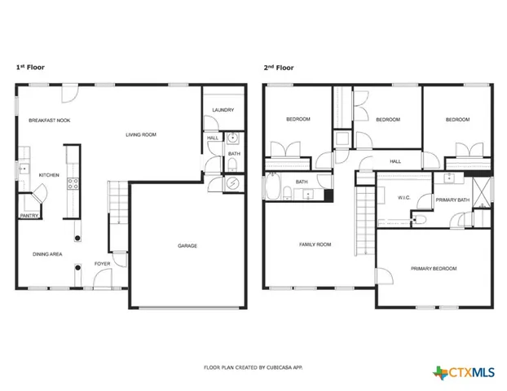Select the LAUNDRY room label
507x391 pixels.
point(223,110)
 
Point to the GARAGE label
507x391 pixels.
point(187,245)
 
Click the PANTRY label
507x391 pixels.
point(30,216)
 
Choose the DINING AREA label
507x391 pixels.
point(48,254)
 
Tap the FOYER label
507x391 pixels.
point(102,263)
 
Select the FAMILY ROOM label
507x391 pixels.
point(315,244)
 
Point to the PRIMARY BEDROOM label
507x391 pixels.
point(434,268)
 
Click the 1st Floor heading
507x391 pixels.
point(32,68)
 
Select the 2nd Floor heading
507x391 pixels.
point(278,68)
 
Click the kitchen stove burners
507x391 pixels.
point(72,182)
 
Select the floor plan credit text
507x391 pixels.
point(252,367)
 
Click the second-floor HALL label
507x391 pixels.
point(395,161)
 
